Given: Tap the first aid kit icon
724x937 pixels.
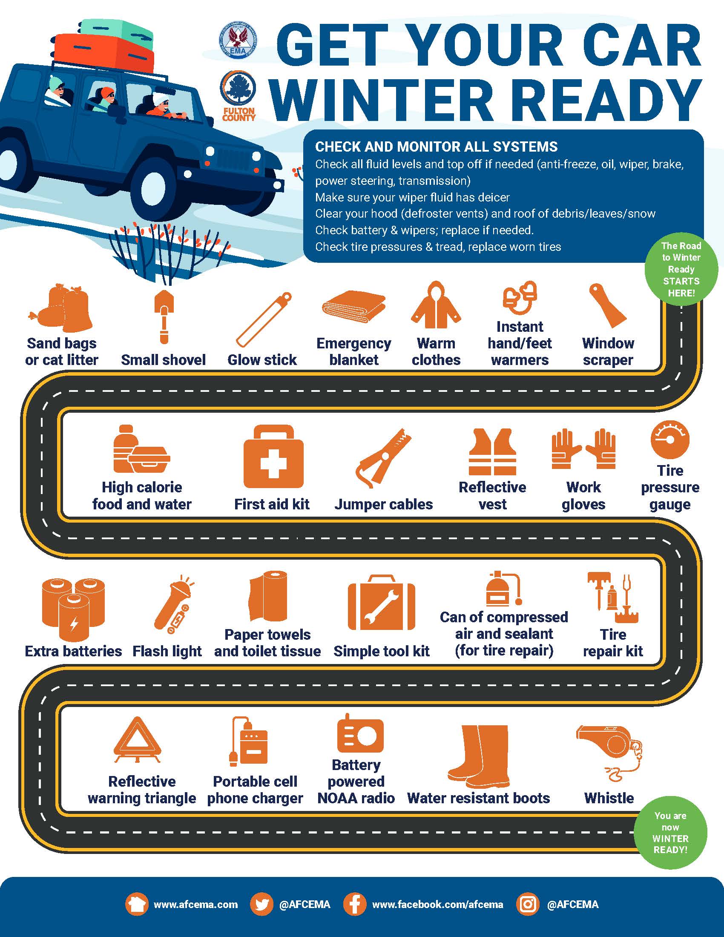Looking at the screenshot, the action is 273,457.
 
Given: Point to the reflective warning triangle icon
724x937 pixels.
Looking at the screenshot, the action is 138,740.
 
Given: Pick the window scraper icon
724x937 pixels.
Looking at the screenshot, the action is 608,305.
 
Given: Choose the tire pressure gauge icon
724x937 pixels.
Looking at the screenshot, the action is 670,440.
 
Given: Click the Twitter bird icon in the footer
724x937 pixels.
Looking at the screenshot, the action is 261,904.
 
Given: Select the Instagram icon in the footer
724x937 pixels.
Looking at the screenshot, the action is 528,904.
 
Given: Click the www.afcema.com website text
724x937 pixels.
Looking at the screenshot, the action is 195,904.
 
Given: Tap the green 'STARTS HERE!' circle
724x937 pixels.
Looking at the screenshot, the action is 681,269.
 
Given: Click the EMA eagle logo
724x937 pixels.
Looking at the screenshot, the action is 238,40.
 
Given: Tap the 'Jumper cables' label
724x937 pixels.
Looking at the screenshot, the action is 383,504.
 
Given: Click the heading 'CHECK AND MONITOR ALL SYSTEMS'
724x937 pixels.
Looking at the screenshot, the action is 436,147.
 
